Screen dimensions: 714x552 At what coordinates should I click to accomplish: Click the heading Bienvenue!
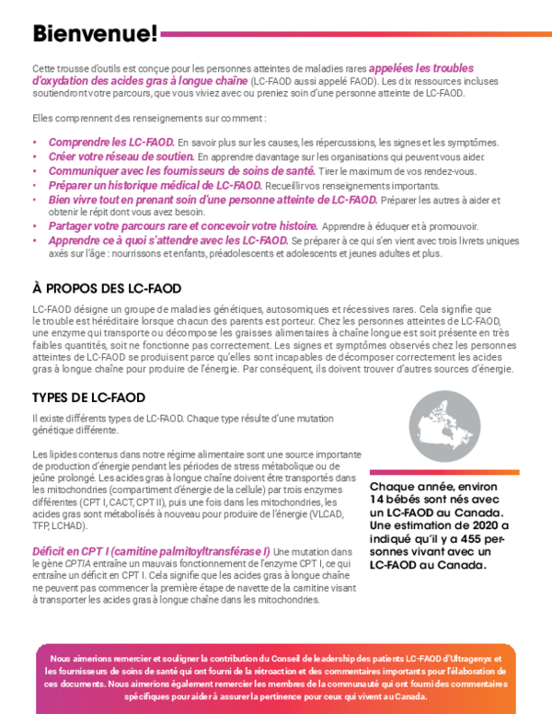(x=95, y=34)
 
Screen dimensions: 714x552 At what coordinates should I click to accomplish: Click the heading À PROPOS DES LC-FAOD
(x=107, y=288)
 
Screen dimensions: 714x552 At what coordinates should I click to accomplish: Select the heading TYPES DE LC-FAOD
(x=88, y=397)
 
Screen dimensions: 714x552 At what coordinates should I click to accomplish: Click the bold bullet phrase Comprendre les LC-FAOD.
(x=110, y=143)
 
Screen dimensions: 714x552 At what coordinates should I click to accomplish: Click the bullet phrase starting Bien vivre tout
(x=213, y=199)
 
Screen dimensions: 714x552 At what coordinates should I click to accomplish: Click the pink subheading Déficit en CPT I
(x=151, y=551)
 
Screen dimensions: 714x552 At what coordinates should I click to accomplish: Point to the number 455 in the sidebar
(x=465, y=537)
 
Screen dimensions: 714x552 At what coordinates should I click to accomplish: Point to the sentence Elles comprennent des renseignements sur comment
(x=149, y=118)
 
